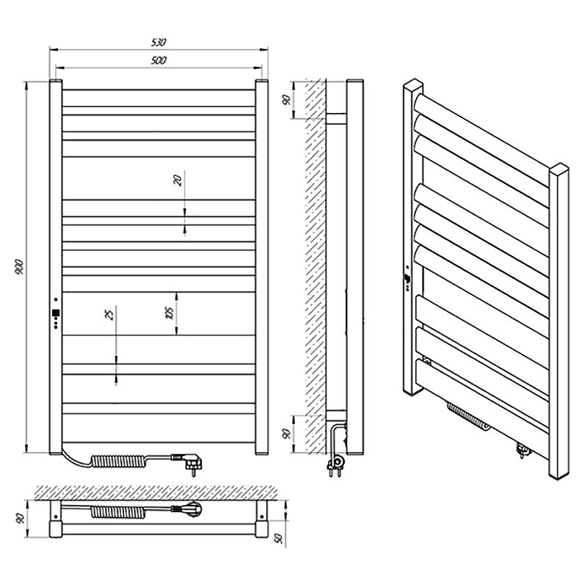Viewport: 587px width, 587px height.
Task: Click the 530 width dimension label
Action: click(158, 43)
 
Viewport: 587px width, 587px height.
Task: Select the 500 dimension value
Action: click(158, 60)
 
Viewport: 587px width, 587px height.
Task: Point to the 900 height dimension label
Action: click(19, 266)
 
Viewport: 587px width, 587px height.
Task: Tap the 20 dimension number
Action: click(178, 181)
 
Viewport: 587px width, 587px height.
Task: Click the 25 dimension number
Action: click(109, 315)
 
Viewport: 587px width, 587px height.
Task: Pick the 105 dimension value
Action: click(169, 313)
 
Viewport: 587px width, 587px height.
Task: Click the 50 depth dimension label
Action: click(280, 539)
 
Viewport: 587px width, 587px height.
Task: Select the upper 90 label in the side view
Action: click(286, 100)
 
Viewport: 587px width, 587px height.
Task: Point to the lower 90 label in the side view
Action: click(286, 434)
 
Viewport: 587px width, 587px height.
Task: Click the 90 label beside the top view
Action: click(21, 519)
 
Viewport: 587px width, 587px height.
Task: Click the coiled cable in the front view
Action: click(118, 461)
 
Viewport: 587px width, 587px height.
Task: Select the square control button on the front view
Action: click(56, 313)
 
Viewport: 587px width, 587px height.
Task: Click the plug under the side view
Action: click(336, 464)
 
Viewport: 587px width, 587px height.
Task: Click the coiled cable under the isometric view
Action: click(468, 417)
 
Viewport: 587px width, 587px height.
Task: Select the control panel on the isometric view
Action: click(407, 279)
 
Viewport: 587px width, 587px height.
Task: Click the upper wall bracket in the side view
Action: click(336, 119)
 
